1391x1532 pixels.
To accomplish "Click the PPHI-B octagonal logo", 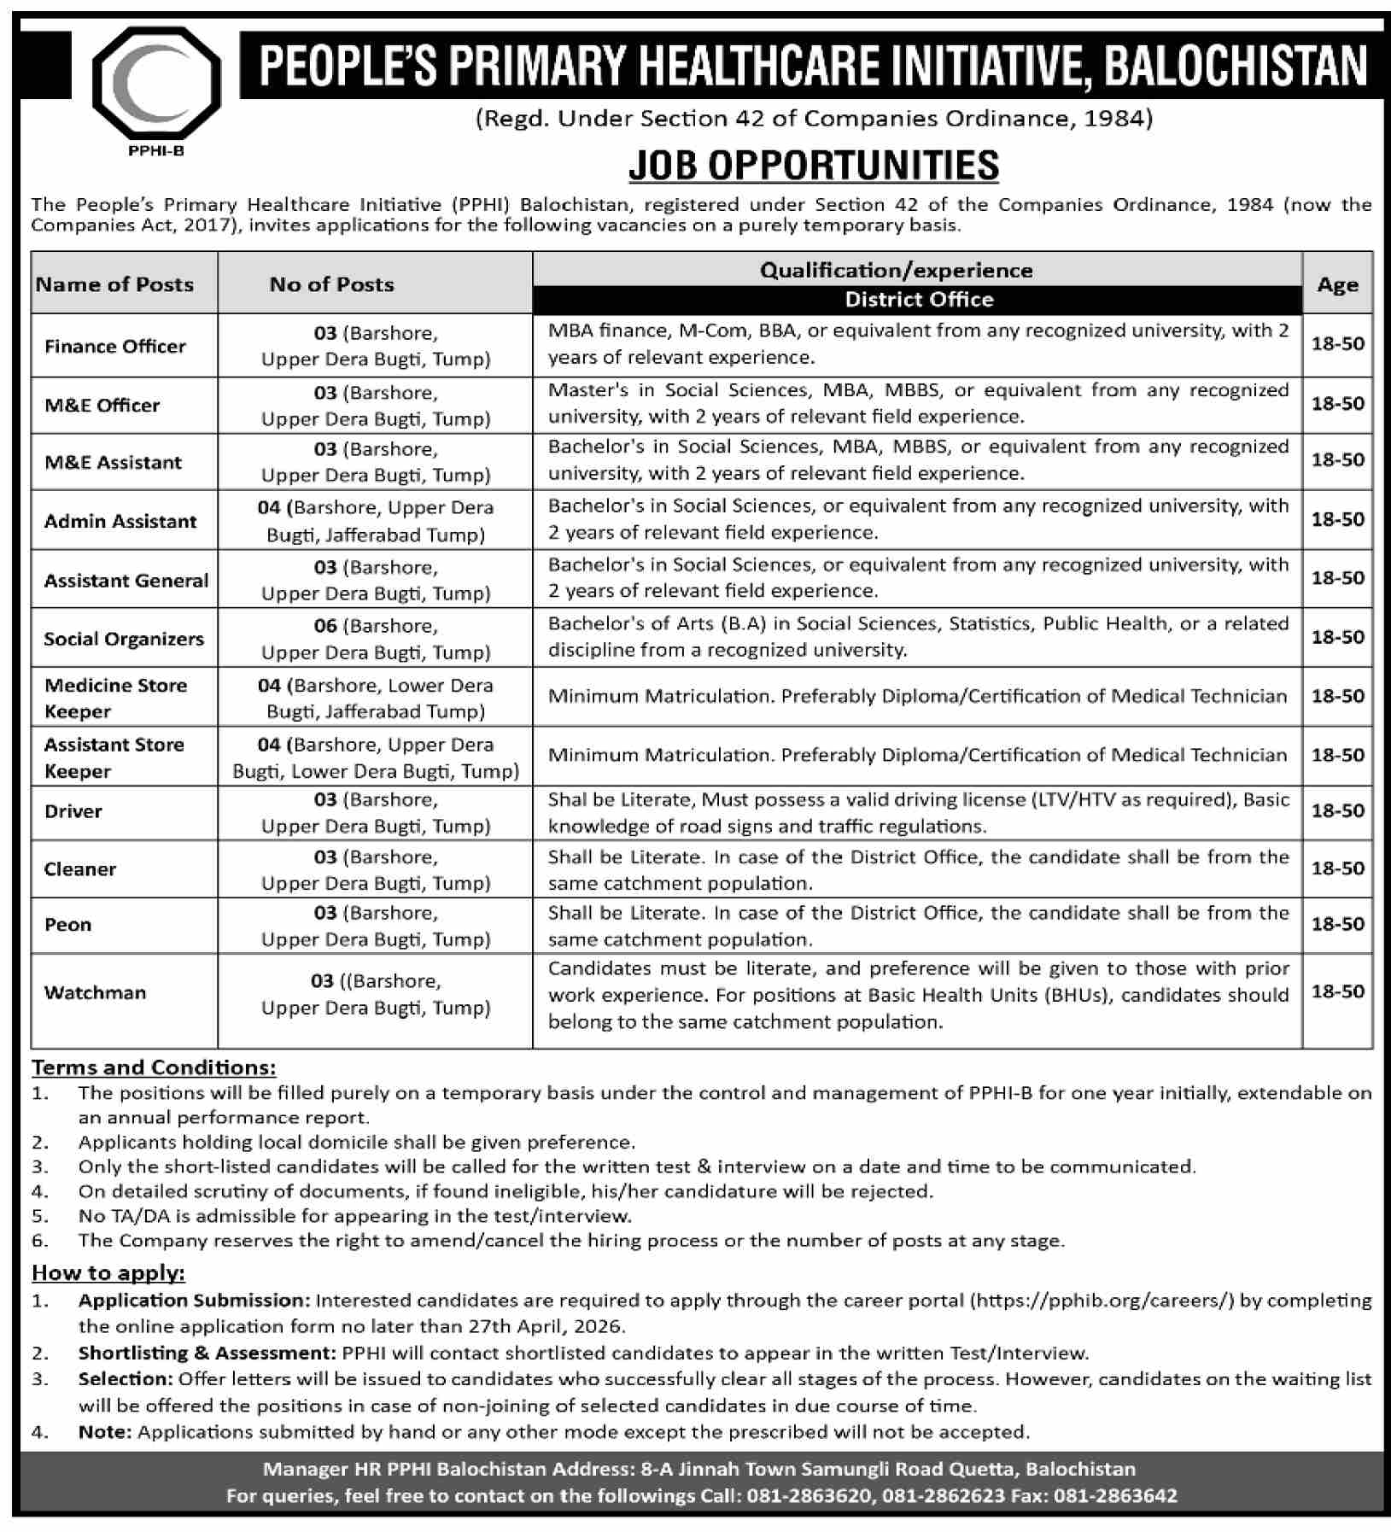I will (157, 85).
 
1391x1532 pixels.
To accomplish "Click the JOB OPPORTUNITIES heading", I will (813, 166).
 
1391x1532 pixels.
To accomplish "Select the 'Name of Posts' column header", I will (115, 284).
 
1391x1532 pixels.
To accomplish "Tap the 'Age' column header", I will (1337, 285).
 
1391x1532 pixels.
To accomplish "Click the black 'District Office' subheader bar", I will (918, 300).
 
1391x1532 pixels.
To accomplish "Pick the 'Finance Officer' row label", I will (115, 346).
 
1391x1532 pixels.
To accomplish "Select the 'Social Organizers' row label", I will (124, 639).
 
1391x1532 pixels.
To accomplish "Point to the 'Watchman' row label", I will (96, 992).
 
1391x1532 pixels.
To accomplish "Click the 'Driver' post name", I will (73, 811).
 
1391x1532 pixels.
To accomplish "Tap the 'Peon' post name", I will (68, 924).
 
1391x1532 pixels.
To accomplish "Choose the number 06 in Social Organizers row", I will (325, 626).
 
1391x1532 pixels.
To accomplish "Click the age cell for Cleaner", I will (1337, 868).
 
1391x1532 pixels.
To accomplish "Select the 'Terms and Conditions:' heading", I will (154, 1067).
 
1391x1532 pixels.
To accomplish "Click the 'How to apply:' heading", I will (108, 1272).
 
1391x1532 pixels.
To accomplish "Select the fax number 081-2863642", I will (1115, 1495).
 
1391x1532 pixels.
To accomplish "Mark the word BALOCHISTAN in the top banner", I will (1235, 67).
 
